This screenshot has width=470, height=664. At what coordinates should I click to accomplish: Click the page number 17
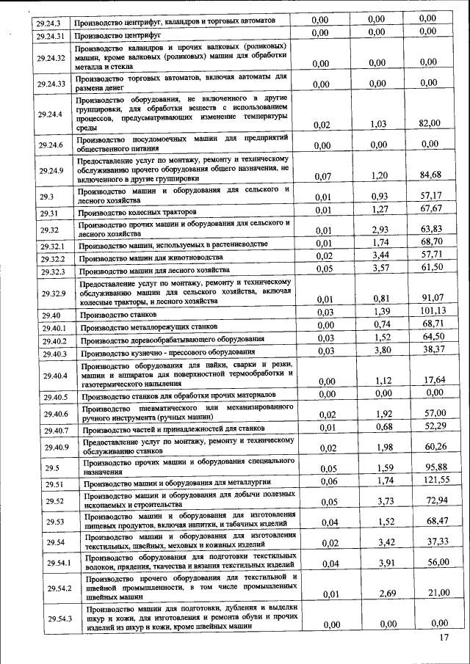coord(443,637)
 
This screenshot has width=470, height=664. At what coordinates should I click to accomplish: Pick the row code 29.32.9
coord(54,294)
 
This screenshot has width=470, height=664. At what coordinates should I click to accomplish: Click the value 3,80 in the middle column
coord(377,351)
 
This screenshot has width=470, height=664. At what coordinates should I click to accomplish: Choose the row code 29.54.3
coord(59,619)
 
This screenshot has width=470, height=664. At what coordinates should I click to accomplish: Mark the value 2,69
coord(377,592)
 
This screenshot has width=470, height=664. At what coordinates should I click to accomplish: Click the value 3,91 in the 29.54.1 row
coord(377,563)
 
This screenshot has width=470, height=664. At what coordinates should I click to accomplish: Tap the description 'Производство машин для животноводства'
coord(151,258)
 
